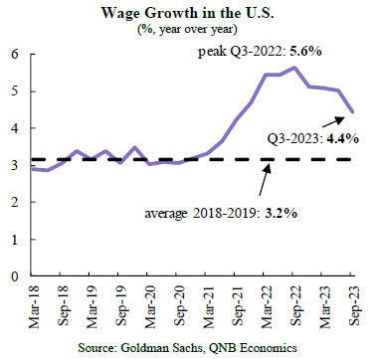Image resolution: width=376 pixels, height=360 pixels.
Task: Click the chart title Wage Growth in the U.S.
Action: pyautogui.click(x=187, y=13)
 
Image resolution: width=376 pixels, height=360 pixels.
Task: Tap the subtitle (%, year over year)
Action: pyautogui.click(x=187, y=30)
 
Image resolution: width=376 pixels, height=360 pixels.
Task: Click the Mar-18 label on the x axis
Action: pyautogui.click(x=34, y=307)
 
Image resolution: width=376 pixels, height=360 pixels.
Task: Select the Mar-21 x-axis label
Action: pyautogui.click(x=209, y=307)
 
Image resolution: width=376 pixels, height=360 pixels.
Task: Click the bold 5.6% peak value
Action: pyautogui.click(x=306, y=52)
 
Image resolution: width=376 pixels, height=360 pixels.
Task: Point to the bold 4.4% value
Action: pyautogui.click(x=343, y=138)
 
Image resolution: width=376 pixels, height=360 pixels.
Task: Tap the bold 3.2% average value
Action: pyautogui.click(x=282, y=213)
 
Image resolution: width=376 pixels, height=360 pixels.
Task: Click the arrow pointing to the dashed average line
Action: pyautogui.click(x=265, y=179)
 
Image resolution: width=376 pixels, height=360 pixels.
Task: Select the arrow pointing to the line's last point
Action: pyautogui.click(x=333, y=122)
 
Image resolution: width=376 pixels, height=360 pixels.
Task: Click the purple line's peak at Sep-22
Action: pyautogui.click(x=294, y=68)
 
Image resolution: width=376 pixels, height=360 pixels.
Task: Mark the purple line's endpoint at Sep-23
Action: pyautogui.click(x=353, y=112)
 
